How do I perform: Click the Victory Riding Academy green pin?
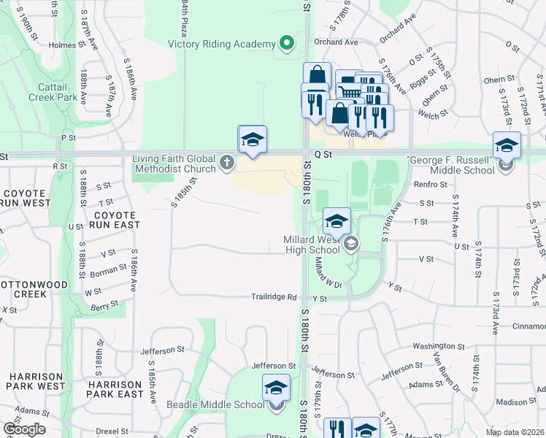click(287, 44)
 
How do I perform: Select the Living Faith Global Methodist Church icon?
click(227, 163)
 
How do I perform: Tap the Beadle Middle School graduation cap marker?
click(276, 388)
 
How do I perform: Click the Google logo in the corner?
click(24, 429)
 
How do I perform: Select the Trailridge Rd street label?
click(274, 298)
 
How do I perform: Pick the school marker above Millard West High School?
click(337, 221)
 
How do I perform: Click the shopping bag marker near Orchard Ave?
click(318, 76)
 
